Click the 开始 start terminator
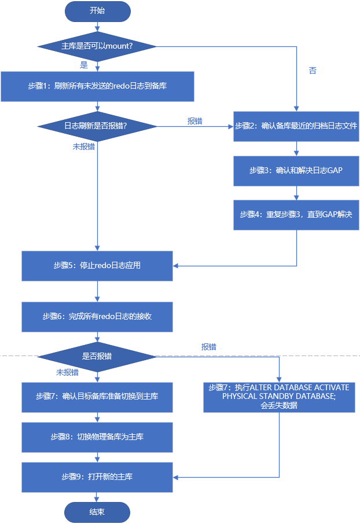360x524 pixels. (x=97, y=11)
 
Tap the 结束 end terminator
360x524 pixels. (x=97, y=512)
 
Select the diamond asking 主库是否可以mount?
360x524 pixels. (x=97, y=46)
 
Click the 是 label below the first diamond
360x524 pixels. (x=84, y=64)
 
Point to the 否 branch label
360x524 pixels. (x=313, y=70)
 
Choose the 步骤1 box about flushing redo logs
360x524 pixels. (x=97, y=86)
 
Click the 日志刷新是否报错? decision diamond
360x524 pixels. (x=97, y=125)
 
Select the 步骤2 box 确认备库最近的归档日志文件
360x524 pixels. (x=296, y=125)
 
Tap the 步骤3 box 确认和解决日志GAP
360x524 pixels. (x=296, y=170)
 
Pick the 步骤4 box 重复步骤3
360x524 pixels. (x=296, y=214)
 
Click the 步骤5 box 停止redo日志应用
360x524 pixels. (x=97, y=266)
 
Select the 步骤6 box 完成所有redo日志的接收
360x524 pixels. (x=97, y=316)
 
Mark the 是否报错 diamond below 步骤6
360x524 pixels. (x=97, y=356)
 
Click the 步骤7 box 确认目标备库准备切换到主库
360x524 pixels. (x=97, y=397)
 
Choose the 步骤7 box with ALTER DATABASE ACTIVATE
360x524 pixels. (x=279, y=397)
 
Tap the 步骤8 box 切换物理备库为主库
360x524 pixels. (x=97, y=437)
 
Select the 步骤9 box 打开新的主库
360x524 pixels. (x=97, y=477)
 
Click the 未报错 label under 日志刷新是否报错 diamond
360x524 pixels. (x=84, y=146)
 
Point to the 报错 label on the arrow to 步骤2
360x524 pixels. (x=194, y=121)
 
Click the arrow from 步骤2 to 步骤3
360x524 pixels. (x=296, y=148)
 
